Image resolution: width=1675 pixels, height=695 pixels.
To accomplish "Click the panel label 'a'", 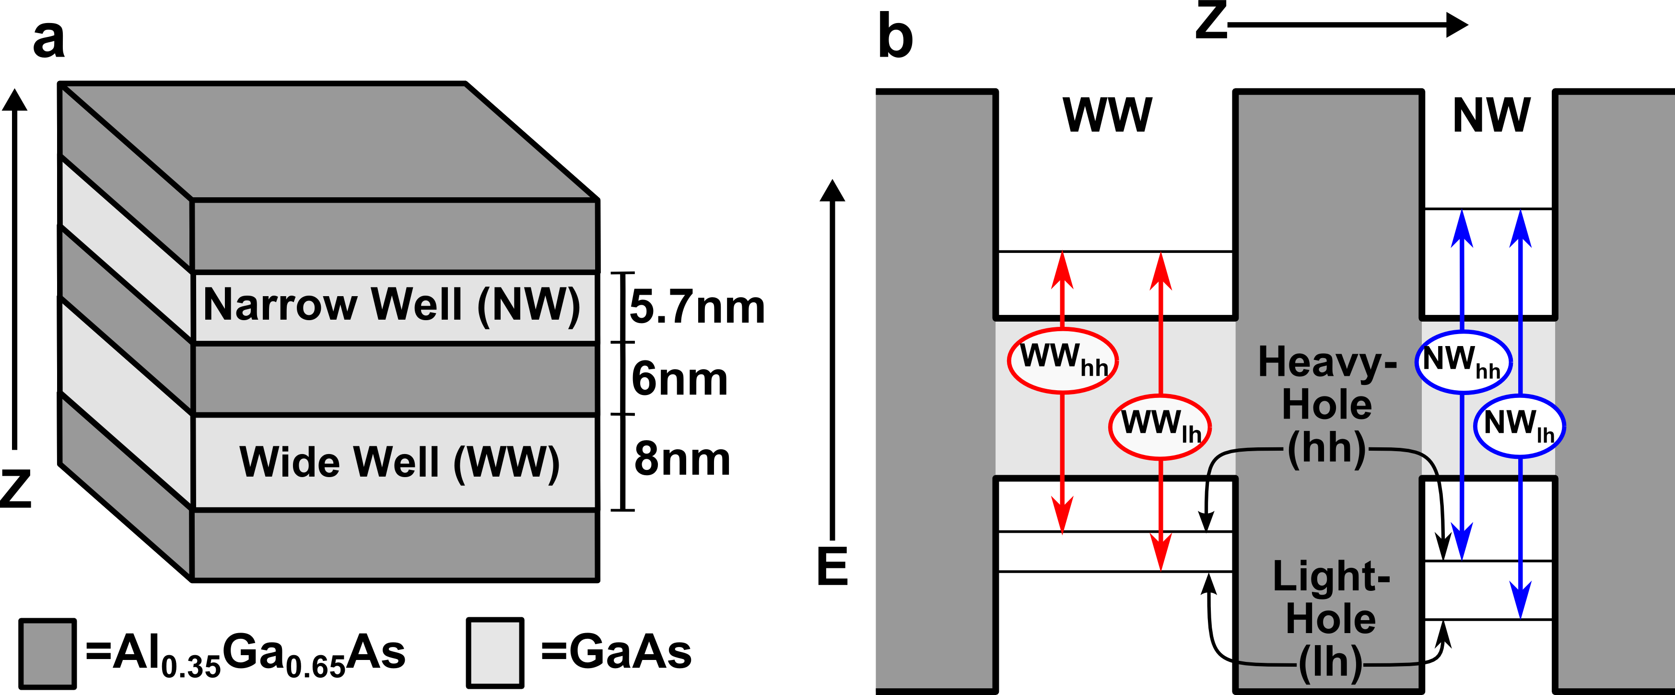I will coord(49,40).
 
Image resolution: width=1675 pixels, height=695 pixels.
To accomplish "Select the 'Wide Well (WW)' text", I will coord(399,462).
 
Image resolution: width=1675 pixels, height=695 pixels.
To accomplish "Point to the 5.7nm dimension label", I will coord(697,307).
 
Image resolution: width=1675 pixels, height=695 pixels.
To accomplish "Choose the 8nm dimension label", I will coord(682,459).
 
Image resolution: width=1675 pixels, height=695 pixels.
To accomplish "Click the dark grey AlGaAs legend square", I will coord(47,653).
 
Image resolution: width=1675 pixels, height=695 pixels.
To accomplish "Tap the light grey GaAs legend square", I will coord(495,653).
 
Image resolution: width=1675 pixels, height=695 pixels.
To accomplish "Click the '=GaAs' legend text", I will coord(616,652).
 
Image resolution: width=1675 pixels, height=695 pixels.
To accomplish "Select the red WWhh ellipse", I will coord(1063,360).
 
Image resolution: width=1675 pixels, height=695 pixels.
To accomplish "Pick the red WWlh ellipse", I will coord(1160,426).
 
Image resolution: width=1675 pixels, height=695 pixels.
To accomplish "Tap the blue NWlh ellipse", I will coord(1519,426).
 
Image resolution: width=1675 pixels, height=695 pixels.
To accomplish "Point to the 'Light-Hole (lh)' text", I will coord(1330,619).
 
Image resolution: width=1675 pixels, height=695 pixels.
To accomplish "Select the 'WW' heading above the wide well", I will coord(1107,115).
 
